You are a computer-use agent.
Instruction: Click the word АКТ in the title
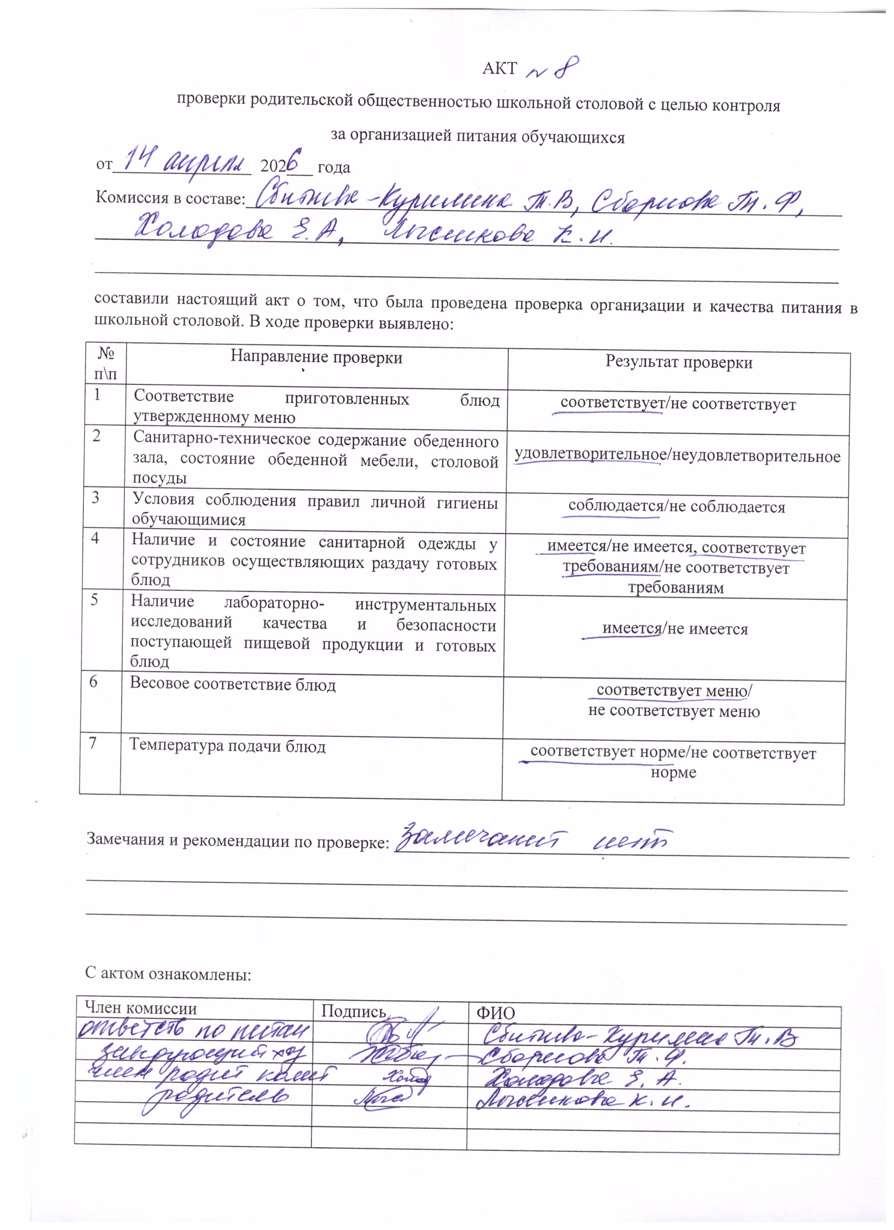click(x=499, y=69)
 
